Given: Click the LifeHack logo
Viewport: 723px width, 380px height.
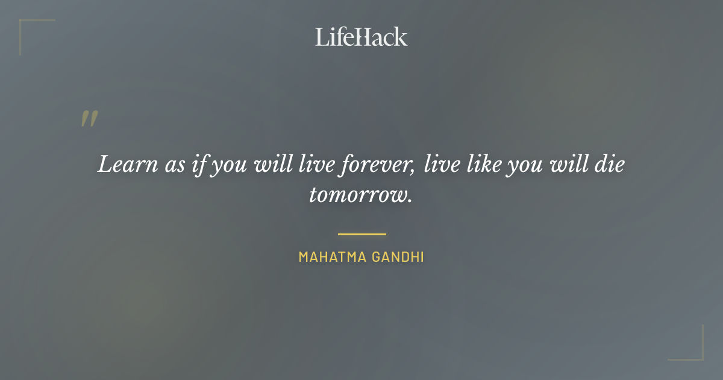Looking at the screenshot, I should click(x=361, y=37).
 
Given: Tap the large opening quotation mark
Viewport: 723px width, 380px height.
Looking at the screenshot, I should click(x=89, y=119).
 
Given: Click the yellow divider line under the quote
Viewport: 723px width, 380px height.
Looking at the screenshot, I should click(x=361, y=234).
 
